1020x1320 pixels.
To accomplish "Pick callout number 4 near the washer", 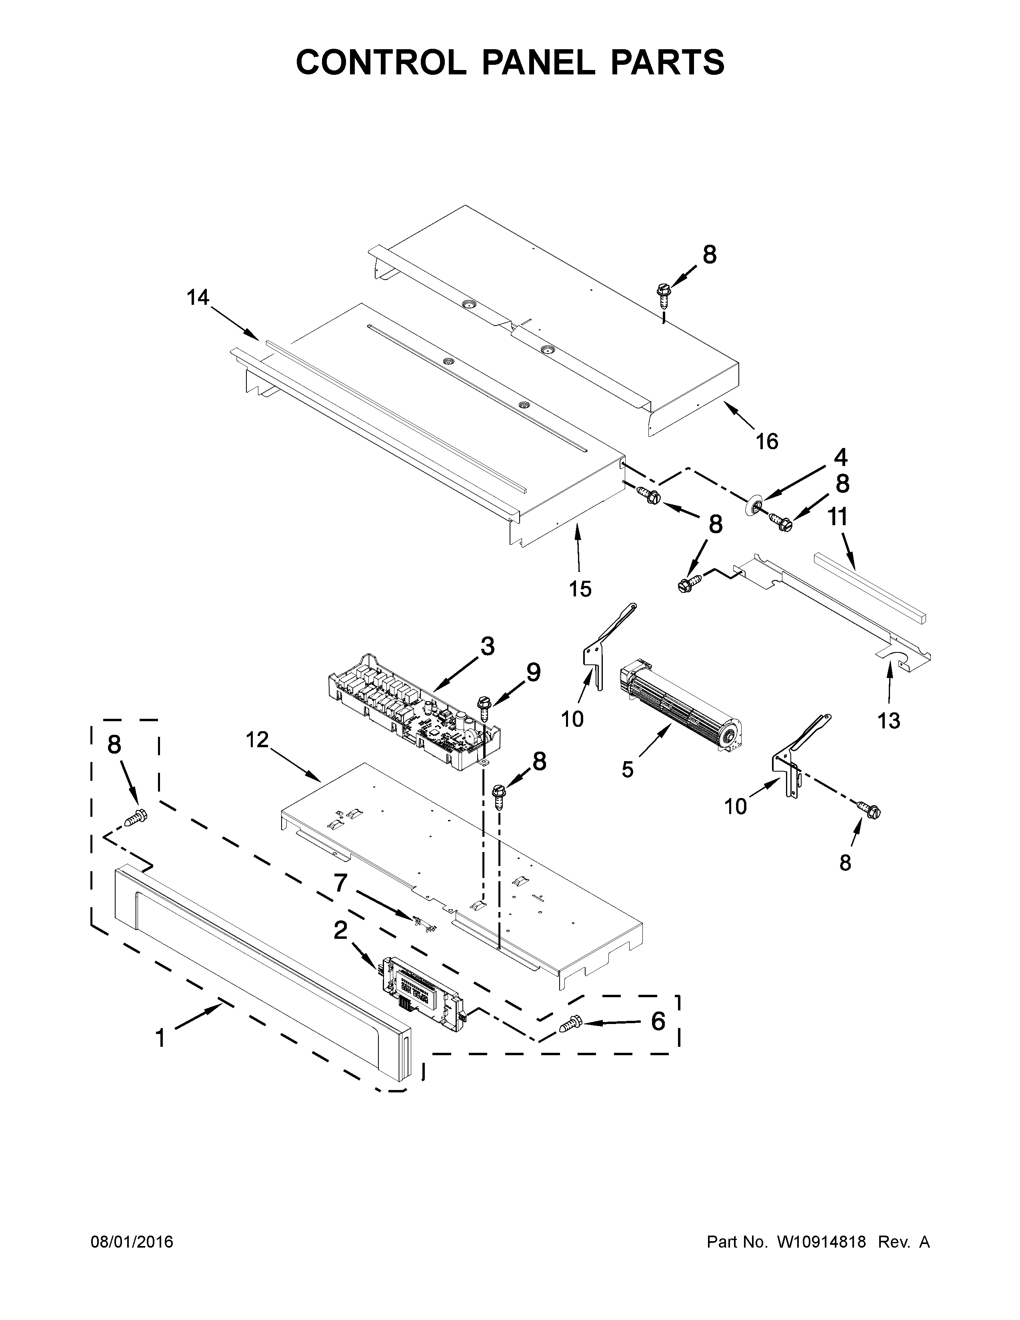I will coord(840,458).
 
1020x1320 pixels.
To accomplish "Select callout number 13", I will coord(889,720).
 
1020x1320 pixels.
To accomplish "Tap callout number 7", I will coord(340,883).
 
